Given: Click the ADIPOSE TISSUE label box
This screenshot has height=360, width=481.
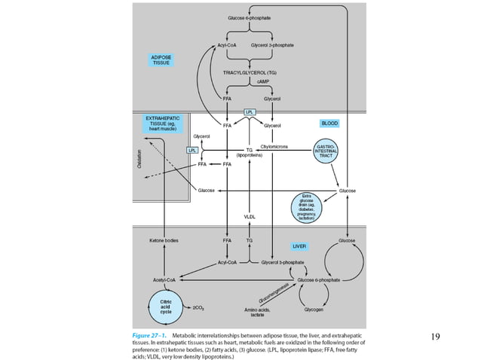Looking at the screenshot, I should [x=161, y=59].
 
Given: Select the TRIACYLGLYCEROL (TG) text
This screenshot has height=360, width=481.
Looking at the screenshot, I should [x=250, y=72].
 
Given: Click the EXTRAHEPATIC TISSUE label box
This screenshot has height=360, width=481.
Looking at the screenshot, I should [x=161, y=124].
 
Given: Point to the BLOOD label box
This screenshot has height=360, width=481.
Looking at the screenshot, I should [x=329, y=123].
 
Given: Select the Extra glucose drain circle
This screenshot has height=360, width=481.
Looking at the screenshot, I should [x=306, y=206].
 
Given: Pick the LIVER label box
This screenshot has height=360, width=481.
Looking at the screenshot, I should [x=299, y=246].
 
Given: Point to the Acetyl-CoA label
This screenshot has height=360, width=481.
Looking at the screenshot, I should [x=164, y=279].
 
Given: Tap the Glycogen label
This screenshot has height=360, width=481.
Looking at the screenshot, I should [x=314, y=309].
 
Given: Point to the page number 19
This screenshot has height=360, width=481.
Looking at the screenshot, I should [x=434, y=336].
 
